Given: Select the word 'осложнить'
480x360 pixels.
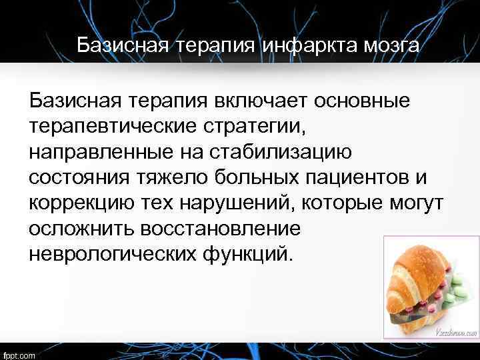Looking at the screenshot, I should tap(81, 228).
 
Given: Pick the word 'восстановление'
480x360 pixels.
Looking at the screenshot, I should tap(221, 228).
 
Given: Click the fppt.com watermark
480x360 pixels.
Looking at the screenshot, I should tap(19, 353).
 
